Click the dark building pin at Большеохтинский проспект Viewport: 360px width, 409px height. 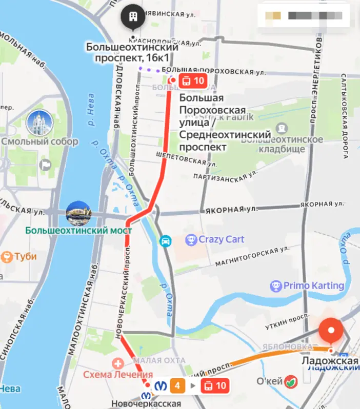point(133,17)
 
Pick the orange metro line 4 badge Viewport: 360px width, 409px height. point(177,385)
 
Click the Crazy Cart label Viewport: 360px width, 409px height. point(221,239)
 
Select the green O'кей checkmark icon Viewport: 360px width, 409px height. point(291,381)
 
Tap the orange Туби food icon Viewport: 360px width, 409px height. point(7,256)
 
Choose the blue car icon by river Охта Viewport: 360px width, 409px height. point(165,241)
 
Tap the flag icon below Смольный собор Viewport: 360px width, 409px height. point(46,165)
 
